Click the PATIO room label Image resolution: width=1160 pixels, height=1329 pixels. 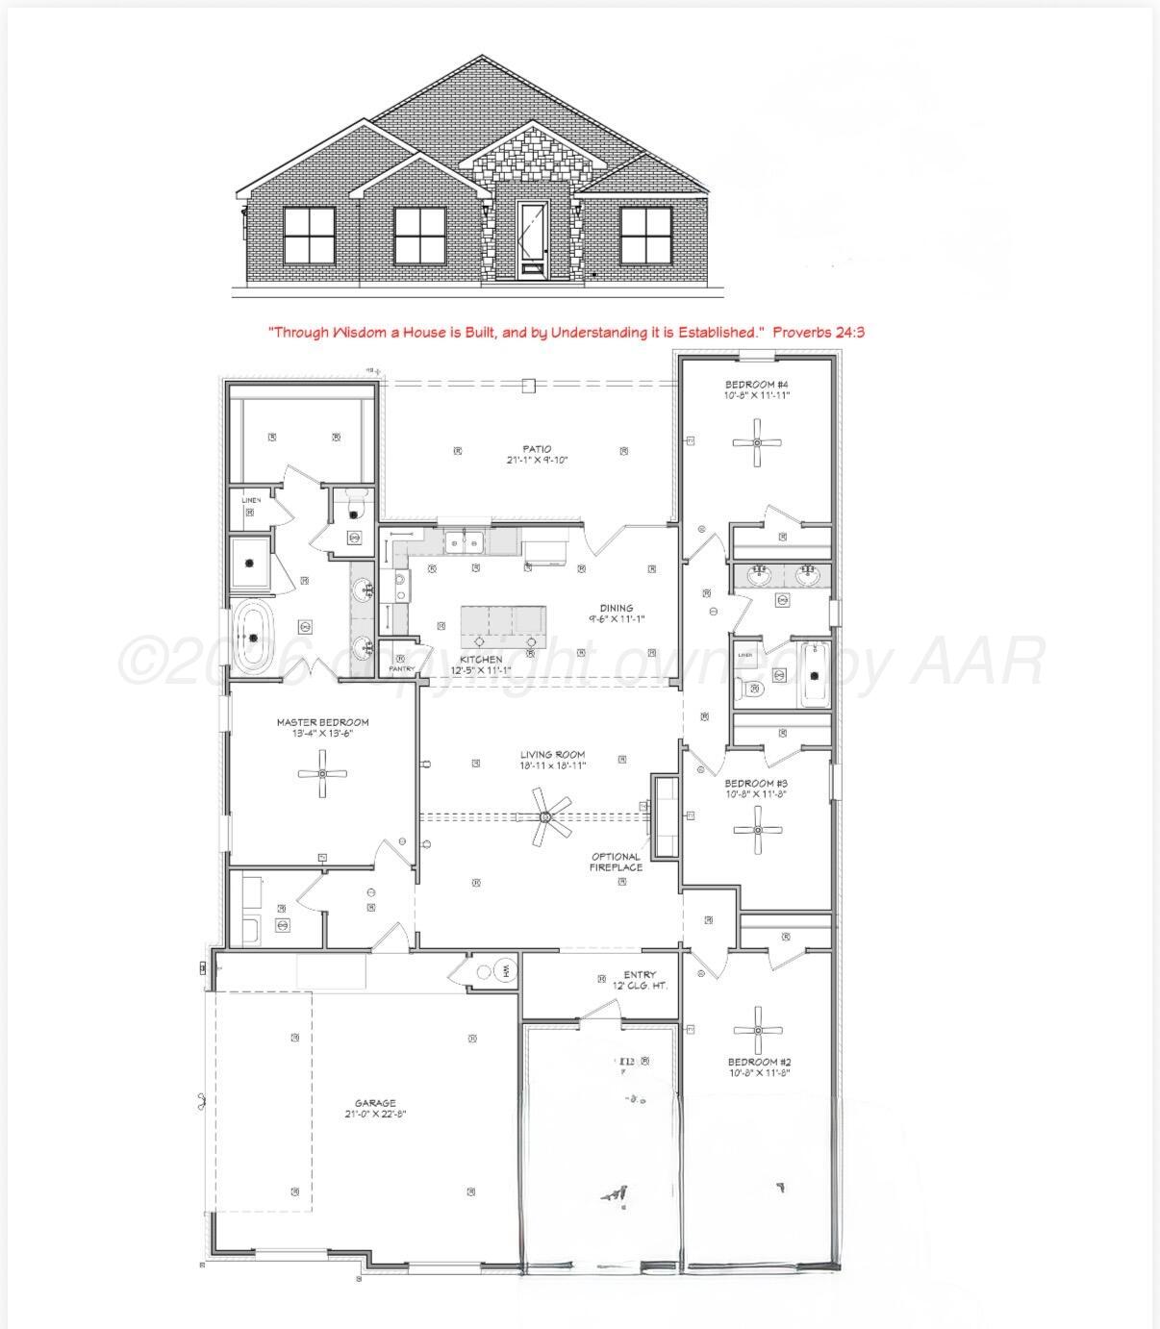point(537,448)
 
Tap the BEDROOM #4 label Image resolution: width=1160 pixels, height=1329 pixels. point(757,385)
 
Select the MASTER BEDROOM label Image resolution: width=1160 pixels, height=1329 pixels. point(322,722)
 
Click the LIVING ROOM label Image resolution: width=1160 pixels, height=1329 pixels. point(552,755)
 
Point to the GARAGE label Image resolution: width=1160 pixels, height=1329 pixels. point(375,1103)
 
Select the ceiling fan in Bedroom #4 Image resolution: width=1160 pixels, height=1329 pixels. point(757,442)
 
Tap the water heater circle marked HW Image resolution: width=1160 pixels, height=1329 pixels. point(505,969)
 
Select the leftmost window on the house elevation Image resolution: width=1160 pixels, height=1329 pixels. point(309,235)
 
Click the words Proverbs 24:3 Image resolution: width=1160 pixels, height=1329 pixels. point(820,332)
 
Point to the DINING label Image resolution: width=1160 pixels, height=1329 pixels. point(617,608)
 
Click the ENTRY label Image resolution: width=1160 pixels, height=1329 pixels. point(640,975)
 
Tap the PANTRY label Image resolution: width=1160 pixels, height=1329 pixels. point(401,668)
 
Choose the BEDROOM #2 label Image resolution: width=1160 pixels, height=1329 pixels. point(759,1062)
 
